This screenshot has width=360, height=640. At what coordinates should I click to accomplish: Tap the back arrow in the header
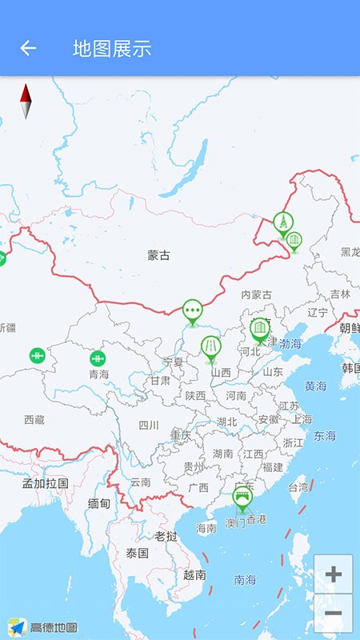28,48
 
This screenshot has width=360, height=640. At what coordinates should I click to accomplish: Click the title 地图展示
112,49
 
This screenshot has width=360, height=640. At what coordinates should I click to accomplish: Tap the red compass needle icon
26,101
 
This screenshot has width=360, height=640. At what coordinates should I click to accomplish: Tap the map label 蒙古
158,256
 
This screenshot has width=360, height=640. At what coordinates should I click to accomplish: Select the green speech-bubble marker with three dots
192,310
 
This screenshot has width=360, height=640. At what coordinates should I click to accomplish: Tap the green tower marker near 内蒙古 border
282,222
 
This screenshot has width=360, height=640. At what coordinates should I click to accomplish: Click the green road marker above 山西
210,347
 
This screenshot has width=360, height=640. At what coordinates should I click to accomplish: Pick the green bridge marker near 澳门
242,498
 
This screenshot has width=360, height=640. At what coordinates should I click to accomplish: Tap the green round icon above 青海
98,358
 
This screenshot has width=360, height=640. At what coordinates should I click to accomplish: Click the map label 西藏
34,419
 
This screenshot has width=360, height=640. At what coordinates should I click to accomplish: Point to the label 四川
149,425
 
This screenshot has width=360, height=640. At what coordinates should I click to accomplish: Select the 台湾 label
298,486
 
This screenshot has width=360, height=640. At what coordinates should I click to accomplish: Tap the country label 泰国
138,553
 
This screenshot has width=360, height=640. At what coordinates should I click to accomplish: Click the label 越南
194,574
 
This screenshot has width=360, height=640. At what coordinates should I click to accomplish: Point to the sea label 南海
246,579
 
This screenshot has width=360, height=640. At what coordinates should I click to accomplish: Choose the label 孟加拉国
45,483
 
